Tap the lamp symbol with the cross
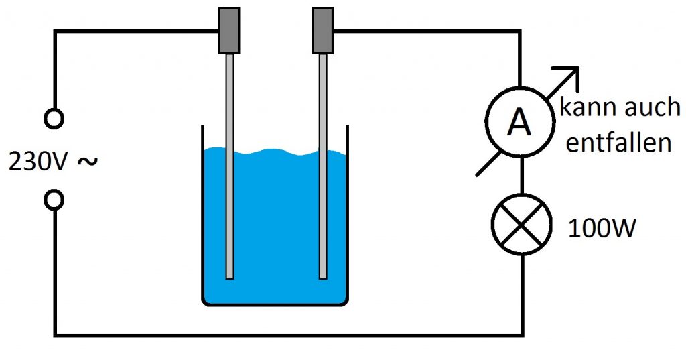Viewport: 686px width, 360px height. point(521,224)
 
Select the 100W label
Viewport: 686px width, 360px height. point(602,228)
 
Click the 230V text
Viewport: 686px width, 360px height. point(38,162)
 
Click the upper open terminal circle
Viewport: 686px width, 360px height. point(54,119)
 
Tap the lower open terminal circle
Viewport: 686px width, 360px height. point(54,200)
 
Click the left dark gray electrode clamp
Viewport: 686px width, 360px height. point(229,31)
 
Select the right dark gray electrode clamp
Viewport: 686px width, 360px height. point(323,31)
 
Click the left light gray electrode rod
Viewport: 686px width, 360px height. point(230,166)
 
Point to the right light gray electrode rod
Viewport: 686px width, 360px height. point(323,166)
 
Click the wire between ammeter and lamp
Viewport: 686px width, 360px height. point(521,175)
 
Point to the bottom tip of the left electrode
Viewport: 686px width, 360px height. point(230,278)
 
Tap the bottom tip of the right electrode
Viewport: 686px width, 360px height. point(323,278)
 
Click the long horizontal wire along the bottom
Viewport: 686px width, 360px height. point(289,335)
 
